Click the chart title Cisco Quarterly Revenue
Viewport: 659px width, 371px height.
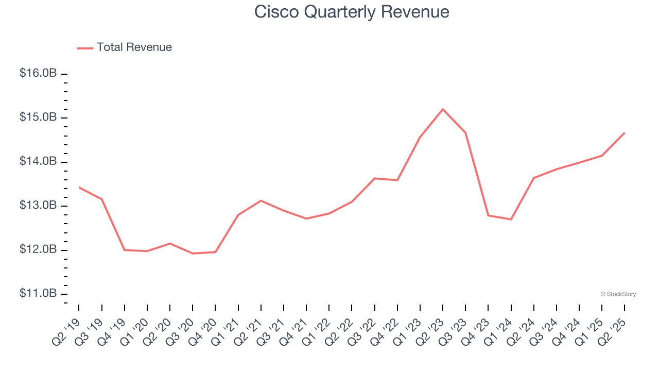(352, 12)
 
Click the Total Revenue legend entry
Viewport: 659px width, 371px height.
(125, 47)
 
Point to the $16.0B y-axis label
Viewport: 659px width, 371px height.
(38, 73)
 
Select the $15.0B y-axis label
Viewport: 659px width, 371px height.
(38, 117)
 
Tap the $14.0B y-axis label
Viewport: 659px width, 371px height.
(38, 161)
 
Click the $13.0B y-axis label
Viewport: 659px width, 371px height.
(38, 206)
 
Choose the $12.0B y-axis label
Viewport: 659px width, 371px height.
(38, 249)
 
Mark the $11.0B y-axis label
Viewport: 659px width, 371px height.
(38, 293)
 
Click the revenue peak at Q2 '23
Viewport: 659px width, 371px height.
(443, 109)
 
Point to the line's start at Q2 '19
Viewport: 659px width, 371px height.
(79, 188)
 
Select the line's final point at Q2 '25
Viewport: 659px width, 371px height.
(625, 133)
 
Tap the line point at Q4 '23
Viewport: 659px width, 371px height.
(488, 215)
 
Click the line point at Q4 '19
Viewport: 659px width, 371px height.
(125, 250)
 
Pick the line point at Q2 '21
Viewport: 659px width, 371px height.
(261, 200)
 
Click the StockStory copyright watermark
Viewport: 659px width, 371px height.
(618, 294)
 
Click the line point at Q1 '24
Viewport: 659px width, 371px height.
(511, 220)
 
